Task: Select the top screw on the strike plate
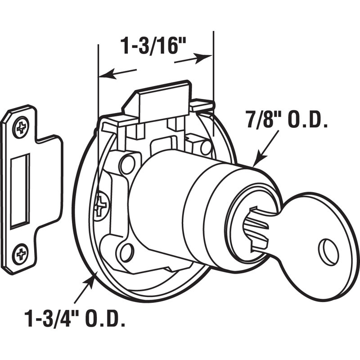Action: click(x=21, y=127)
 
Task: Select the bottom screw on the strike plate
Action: click(x=20, y=254)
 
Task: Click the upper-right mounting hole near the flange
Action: click(x=206, y=147)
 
